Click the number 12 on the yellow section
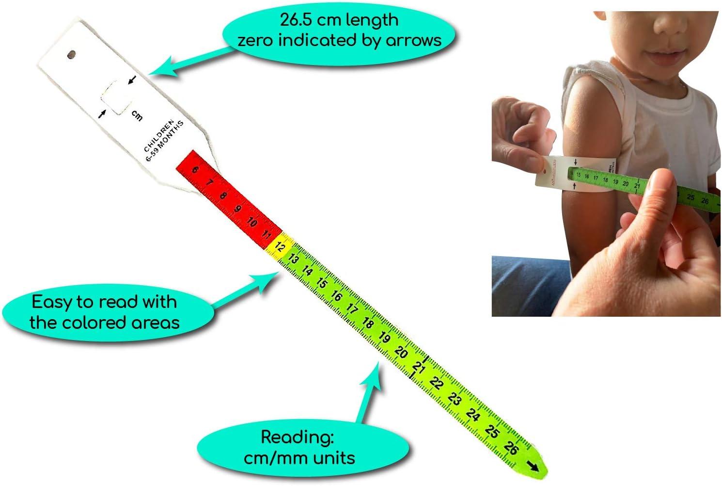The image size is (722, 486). point(280,247)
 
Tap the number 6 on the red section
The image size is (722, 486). point(195,169)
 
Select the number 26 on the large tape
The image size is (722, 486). point(511,447)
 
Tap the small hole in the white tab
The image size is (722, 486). point(73,55)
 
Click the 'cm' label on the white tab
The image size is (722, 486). point(137,115)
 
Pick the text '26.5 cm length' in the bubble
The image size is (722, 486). point(339,20)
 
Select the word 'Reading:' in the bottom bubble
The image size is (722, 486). point(297,437)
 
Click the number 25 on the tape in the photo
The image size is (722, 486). point(691,197)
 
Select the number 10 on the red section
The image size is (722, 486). point(251,222)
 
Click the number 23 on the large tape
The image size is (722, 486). point(454,399)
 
